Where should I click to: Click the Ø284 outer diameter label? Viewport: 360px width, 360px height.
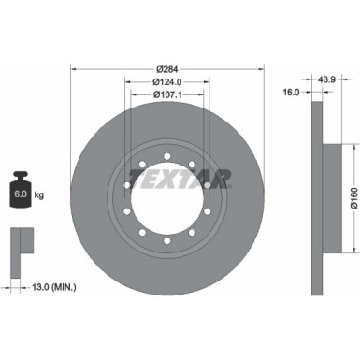[x=167, y=69]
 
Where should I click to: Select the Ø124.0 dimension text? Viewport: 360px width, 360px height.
[x=167, y=82]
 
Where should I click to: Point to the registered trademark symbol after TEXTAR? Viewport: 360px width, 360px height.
[x=231, y=171]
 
